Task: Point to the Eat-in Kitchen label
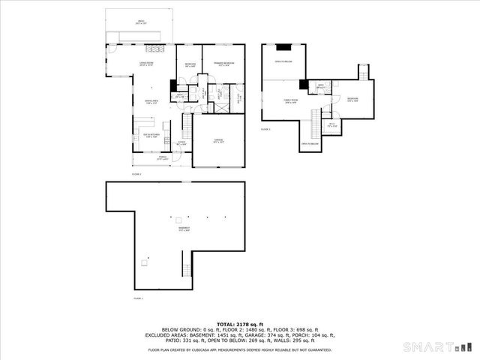151,136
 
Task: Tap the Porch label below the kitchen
162,158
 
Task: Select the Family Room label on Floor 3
290,100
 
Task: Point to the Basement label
184,229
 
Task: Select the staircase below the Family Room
315,121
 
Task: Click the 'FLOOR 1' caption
137,298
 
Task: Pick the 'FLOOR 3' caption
265,129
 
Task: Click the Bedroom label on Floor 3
352,99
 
